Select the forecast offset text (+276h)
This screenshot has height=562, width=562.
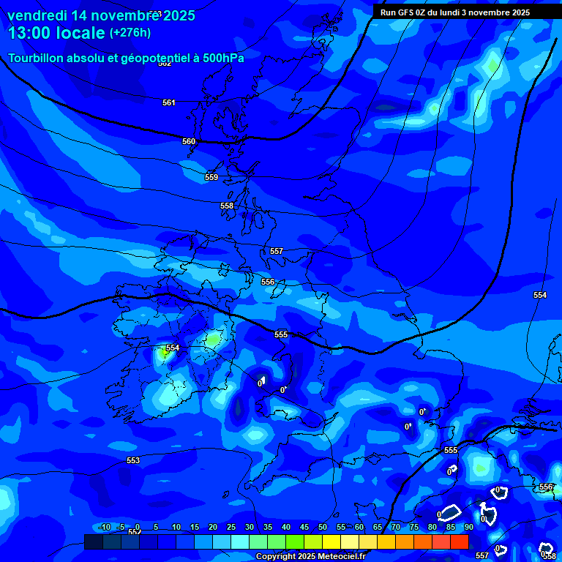pyautogui.click(x=130, y=33)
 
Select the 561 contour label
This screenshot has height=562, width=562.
pyautogui.click(x=169, y=103)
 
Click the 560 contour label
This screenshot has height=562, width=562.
pyautogui.click(x=189, y=141)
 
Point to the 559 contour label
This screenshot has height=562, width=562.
pyautogui.click(x=211, y=178)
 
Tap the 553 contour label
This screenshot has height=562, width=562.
pyautogui.click(x=133, y=460)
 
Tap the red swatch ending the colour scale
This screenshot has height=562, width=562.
pyautogui.click(x=459, y=542)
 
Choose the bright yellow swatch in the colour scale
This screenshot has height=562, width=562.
pyautogui.click(x=331, y=542)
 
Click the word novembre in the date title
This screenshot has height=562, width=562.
pyautogui.click(x=121, y=15)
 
